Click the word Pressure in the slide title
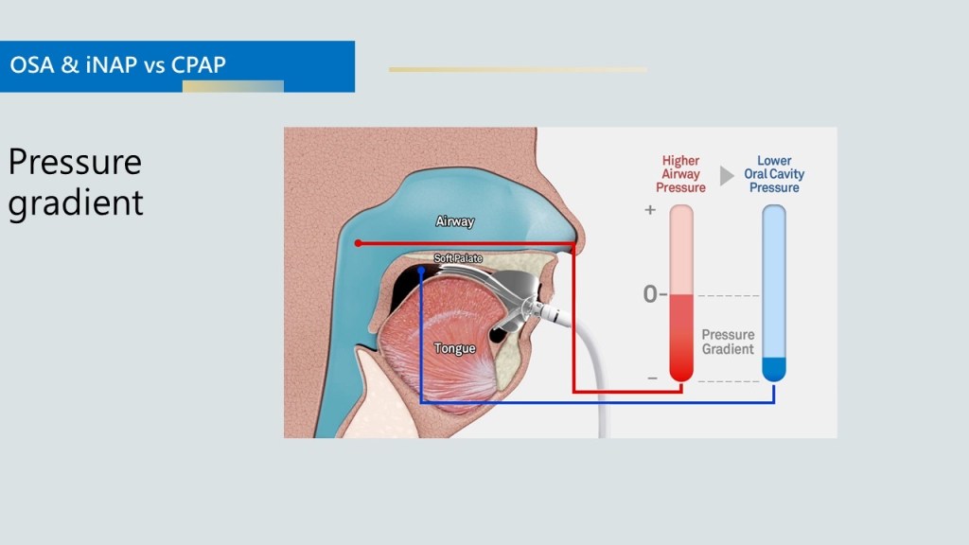point(75,163)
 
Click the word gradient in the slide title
point(76,202)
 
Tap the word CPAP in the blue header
point(198,66)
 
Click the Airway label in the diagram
point(454,221)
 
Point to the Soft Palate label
point(458,258)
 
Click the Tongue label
point(454,348)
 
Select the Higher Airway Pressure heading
point(680,174)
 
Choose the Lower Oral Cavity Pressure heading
point(774,174)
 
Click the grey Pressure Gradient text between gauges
point(728,342)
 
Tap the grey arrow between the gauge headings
point(727,175)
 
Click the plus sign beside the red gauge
point(650,210)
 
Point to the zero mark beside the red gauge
point(650,294)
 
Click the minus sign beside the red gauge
point(652,378)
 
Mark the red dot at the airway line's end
point(358,243)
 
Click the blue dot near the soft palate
point(421,271)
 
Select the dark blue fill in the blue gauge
point(774,368)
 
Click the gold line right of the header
point(518,69)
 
